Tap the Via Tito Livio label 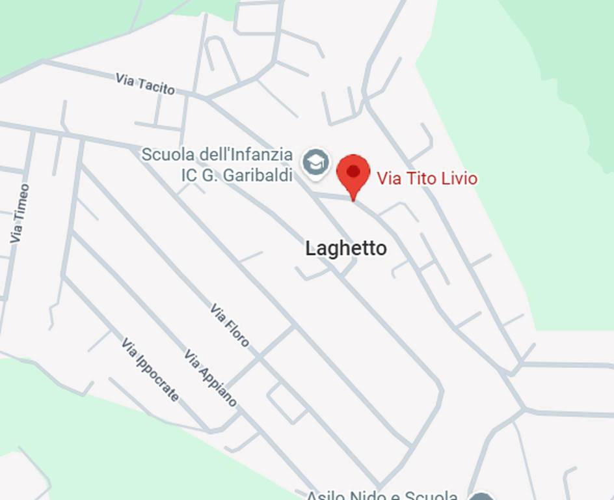(427, 178)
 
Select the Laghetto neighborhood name (346, 248)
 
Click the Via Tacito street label (146, 84)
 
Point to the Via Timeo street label (20, 214)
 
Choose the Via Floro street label (230, 325)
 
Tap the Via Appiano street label (211, 378)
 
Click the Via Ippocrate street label (150, 370)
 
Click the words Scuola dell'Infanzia (217, 155)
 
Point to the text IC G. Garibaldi (237, 174)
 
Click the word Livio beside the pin (459, 178)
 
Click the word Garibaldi (258, 174)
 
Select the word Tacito (157, 86)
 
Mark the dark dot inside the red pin (353, 171)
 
